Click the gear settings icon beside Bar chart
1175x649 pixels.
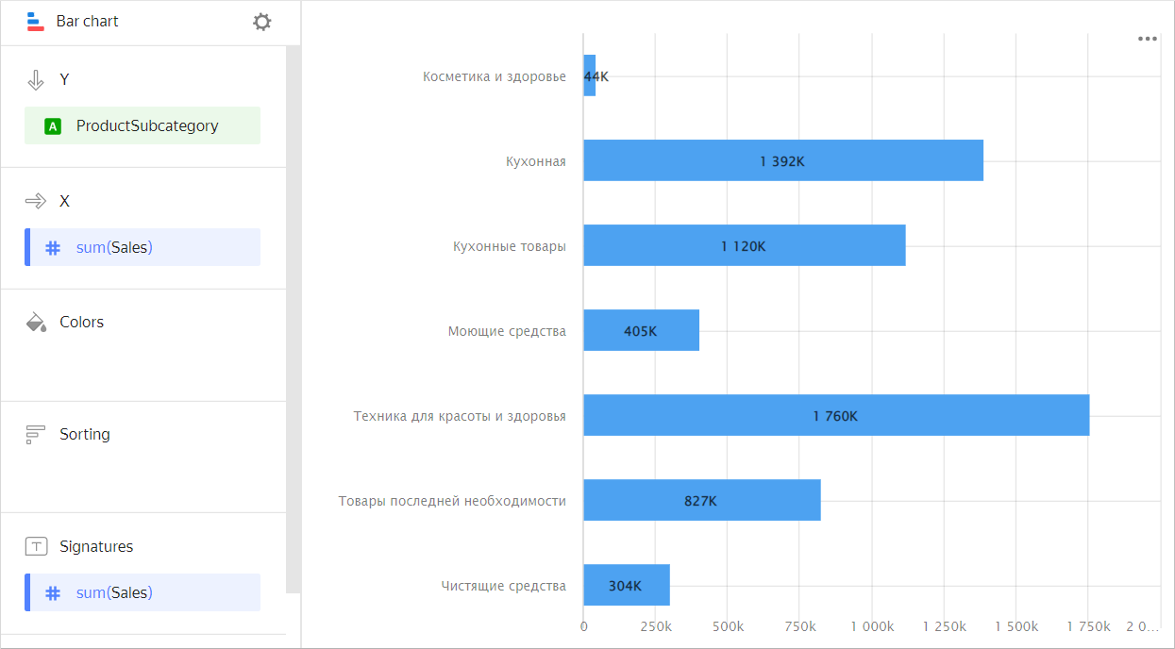262,22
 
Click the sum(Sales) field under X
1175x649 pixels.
143,247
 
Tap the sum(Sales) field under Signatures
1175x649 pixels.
143,592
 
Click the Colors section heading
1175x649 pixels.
81,322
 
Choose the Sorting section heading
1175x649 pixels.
84,434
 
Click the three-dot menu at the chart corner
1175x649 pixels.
1147,39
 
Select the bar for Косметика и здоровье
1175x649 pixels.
590,75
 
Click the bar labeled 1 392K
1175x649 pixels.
782,160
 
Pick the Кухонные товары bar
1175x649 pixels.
744,245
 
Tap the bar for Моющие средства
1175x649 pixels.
641,330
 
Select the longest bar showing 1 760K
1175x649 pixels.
835,415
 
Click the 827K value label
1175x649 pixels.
700,501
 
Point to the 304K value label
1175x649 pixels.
625,586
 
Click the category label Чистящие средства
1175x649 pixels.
503,586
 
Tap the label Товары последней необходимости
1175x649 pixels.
452,501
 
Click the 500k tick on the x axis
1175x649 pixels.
728,626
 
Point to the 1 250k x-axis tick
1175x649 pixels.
944,626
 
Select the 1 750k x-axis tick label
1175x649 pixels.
1088,626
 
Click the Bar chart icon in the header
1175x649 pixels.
35,21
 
